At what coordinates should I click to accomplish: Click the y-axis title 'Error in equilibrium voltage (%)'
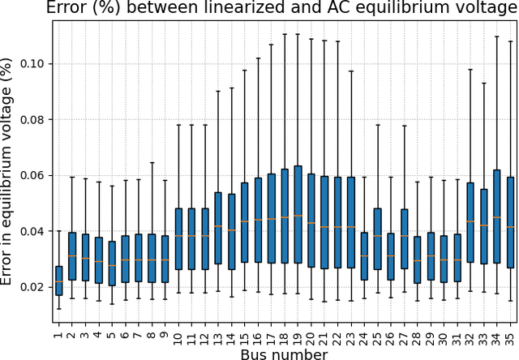(9, 171)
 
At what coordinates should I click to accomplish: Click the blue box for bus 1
(58, 281)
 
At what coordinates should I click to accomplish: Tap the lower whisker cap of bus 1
(58, 309)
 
